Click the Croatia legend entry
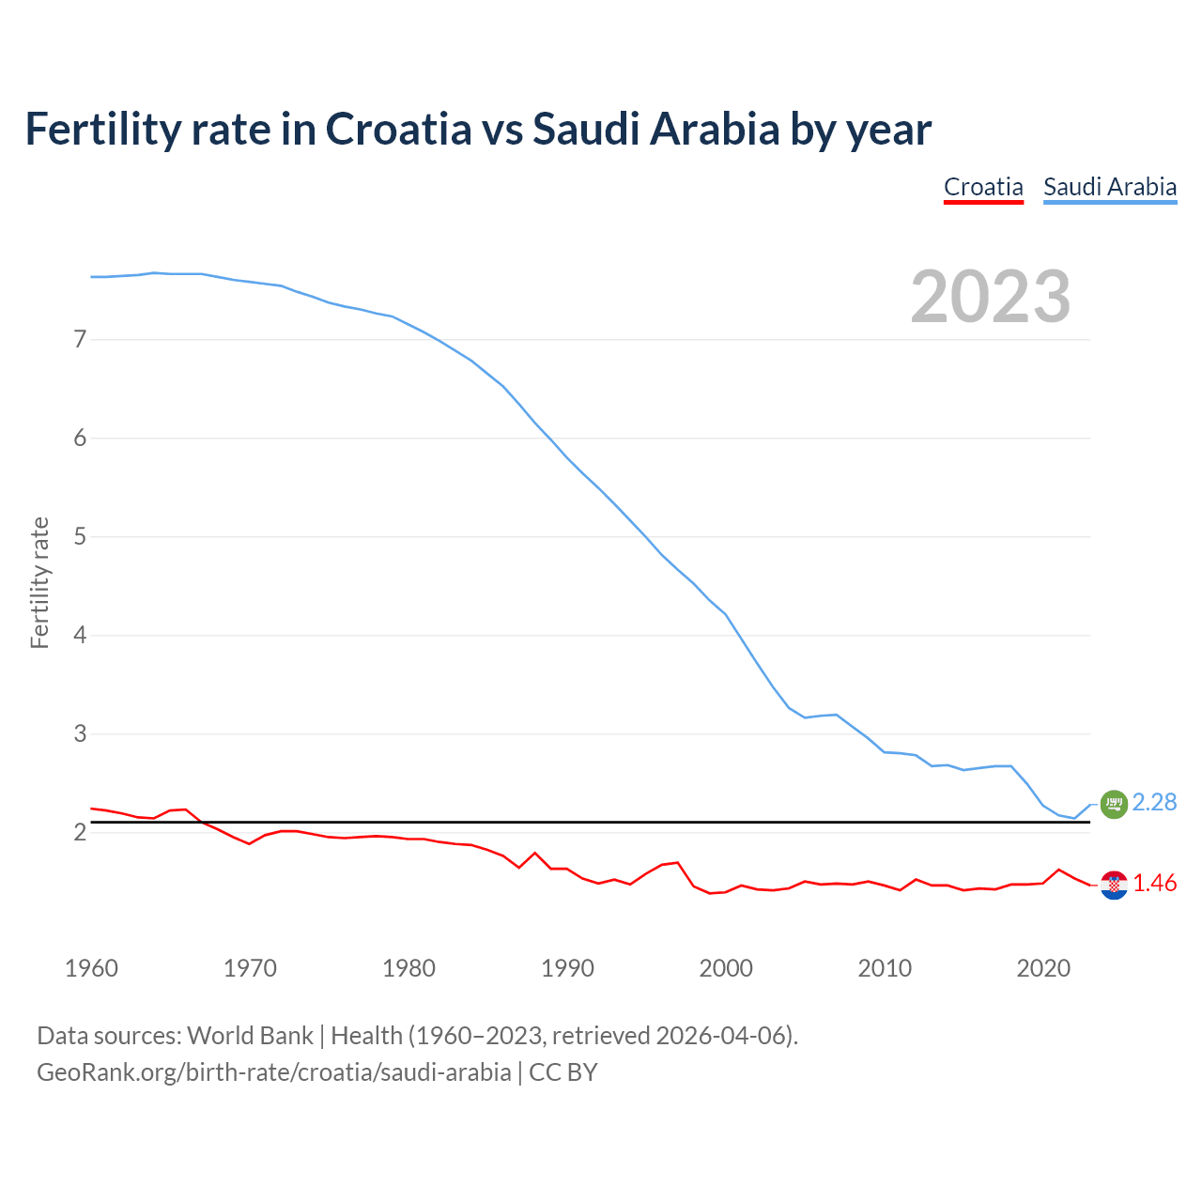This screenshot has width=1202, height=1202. (x=983, y=187)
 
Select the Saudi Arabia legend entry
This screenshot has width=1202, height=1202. (x=1110, y=187)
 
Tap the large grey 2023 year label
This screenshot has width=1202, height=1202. (x=991, y=297)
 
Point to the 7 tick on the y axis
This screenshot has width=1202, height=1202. (x=80, y=339)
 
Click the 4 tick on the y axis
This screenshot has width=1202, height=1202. (x=80, y=635)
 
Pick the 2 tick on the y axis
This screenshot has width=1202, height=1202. (x=80, y=832)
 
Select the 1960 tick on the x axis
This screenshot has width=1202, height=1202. (x=91, y=968)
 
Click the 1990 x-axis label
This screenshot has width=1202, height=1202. (x=567, y=968)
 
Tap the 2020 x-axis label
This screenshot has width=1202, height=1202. (x=1043, y=968)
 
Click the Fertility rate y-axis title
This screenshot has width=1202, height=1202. (x=39, y=582)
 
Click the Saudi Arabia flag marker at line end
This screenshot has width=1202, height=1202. (x=1113, y=804)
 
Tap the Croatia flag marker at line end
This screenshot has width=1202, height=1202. (x=1113, y=885)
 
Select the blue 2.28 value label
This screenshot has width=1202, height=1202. (x=1154, y=802)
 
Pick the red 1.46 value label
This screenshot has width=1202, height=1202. (x=1154, y=884)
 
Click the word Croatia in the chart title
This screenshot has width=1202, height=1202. (x=398, y=129)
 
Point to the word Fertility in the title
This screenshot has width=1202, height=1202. (x=101, y=129)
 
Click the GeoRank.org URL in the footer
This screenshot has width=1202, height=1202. (x=273, y=1072)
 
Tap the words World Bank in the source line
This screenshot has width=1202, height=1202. (x=250, y=1036)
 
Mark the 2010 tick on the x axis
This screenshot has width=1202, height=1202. (x=885, y=968)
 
